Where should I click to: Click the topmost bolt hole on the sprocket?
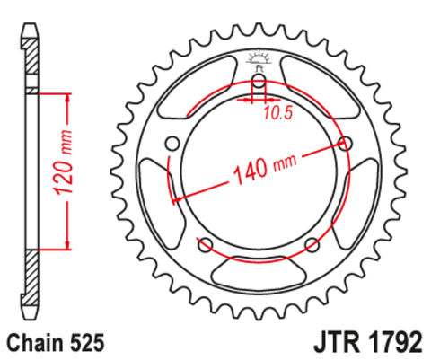pyautogui.click(x=259, y=85)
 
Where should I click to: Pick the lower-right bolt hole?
pyautogui.click(x=312, y=245)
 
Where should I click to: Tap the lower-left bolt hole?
pyautogui.click(x=205, y=245)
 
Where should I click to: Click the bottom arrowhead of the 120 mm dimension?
pyautogui.click(x=66, y=244)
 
